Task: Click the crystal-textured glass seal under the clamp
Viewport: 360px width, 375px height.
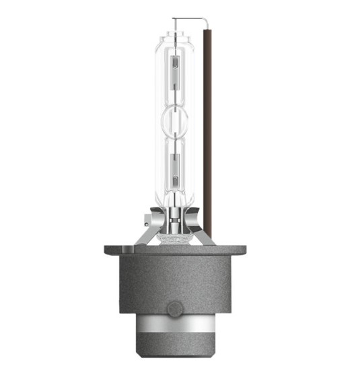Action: [177, 236]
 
